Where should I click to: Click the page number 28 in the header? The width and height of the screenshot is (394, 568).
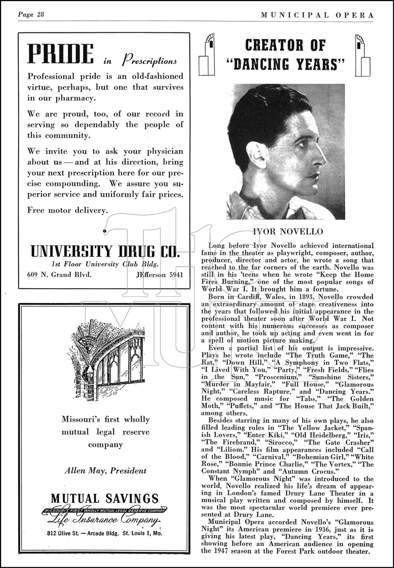tap(39, 15)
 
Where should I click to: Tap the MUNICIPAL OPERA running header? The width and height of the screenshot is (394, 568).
tap(317, 15)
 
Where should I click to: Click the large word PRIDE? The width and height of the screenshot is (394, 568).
tap(61, 54)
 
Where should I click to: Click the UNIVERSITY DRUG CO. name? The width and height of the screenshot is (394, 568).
tap(105, 251)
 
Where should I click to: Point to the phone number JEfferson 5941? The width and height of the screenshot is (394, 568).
tap(160, 275)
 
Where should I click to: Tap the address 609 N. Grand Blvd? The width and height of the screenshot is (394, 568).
tap(59, 275)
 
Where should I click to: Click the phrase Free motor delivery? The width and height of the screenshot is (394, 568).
tap(67, 211)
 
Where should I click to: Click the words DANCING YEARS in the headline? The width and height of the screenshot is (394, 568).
tap(286, 64)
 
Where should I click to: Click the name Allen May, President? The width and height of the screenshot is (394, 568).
tap(105, 470)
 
